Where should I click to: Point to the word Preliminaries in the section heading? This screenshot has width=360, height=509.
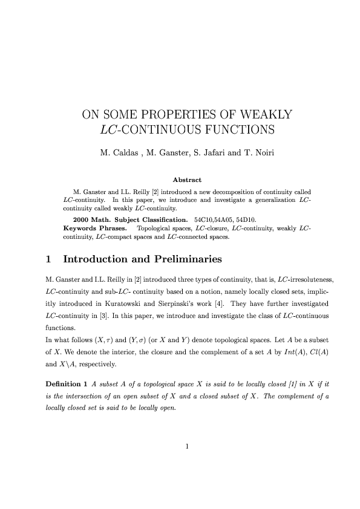tap(183, 259)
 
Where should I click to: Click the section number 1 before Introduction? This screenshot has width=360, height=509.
tap(48, 259)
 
